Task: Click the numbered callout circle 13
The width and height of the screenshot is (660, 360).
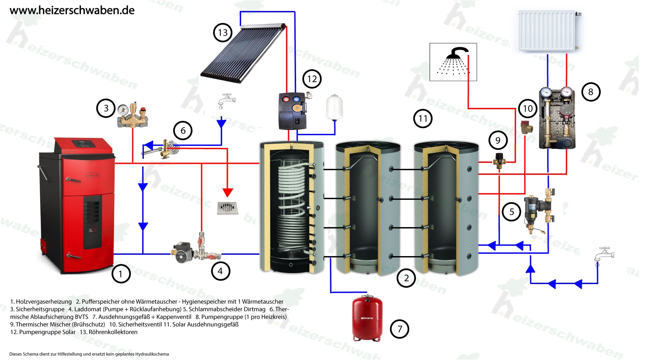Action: [x=222, y=33]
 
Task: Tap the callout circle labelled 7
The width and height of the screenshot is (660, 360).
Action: [x=399, y=329]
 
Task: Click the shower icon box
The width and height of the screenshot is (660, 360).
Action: [x=453, y=62]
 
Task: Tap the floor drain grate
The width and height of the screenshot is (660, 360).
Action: [x=227, y=207]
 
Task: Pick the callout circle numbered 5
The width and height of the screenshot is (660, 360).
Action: [x=512, y=212]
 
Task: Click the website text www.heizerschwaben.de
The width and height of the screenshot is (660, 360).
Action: [x=72, y=10]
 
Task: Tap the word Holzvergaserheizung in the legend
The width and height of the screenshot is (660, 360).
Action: [x=44, y=302]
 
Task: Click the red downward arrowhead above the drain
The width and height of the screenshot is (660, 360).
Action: [x=228, y=192]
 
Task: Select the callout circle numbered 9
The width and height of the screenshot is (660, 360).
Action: [x=498, y=140]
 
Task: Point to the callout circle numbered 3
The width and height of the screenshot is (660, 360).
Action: [x=106, y=108]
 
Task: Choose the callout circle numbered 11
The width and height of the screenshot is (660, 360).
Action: [x=423, y=119]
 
